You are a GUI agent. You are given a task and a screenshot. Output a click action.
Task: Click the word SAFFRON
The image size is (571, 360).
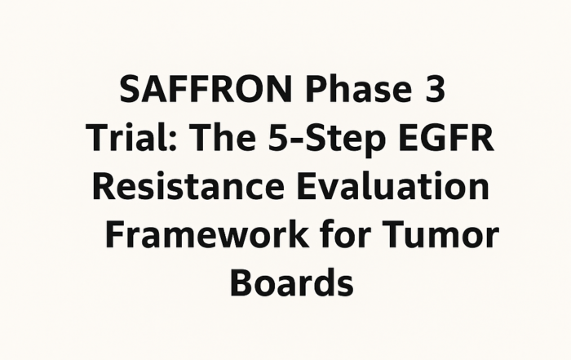[206, 89]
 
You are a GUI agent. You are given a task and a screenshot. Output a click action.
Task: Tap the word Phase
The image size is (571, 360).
[359, 89]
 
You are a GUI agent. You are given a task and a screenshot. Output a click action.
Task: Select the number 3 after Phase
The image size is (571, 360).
[435, 89]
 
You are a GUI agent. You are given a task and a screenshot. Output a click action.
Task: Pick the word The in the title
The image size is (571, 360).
[224, 137]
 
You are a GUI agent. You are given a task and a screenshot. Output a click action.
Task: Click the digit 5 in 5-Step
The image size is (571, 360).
[279, 137]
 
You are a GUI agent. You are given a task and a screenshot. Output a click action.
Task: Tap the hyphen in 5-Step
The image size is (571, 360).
[298, 140]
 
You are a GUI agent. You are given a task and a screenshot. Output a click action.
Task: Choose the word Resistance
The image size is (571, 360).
[188, 185]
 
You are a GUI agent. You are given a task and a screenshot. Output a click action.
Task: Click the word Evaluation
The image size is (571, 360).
[393, 185]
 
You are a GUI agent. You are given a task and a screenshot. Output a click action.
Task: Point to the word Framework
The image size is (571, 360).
[206, 233]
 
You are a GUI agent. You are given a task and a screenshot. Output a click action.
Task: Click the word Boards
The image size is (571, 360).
[292, 282]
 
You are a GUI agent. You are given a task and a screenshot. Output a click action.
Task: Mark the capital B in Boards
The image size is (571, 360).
[241, 282]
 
